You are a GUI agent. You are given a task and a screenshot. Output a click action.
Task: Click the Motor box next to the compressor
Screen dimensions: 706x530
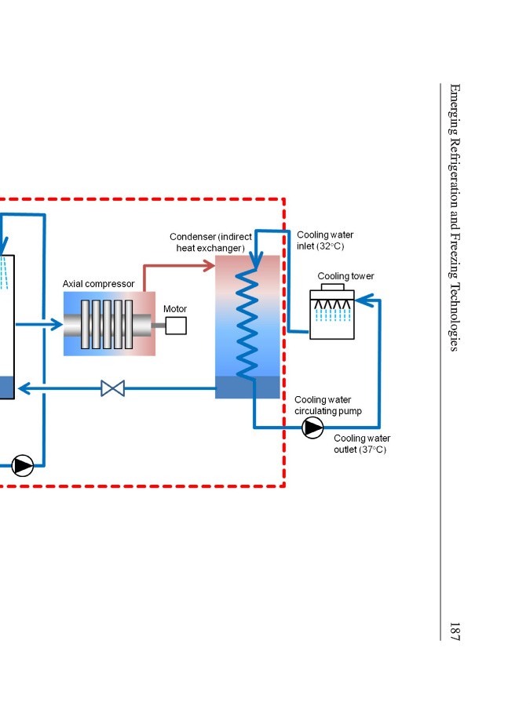click(x=176, y=325)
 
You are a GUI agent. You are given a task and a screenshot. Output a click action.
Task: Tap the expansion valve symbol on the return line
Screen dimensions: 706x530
click(x=113, y=388)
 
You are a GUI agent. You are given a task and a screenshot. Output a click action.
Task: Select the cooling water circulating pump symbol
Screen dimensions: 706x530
click(x=313, y=428)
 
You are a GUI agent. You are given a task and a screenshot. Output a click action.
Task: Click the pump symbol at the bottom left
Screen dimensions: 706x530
click(x=23, y=465)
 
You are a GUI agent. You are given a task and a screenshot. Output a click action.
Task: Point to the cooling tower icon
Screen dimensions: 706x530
click(x=332, y=313)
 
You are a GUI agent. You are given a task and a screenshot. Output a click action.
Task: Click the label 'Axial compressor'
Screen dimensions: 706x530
click(x=98, y=283)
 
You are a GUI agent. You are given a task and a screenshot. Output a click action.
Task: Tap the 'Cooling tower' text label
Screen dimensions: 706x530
click(x=345, y=276)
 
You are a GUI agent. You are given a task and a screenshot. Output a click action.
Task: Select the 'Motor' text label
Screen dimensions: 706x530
click(x=175, y=308)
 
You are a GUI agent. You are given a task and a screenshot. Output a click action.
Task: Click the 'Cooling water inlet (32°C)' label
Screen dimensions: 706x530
click(x=324, y=240)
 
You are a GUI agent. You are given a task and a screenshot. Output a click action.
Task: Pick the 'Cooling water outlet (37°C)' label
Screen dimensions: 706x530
click(x=361, y=444)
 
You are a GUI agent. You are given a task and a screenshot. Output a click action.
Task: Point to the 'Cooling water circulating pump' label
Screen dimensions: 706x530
click(x=327, y=406)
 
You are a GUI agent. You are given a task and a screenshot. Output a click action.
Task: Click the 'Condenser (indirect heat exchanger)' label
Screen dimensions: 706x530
click(x=211, y=242)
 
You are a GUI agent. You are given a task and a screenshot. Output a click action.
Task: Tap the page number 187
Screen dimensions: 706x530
click(x=455, y=631)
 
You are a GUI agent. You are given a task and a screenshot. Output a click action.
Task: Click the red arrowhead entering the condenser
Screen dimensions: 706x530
click(x=210, y=266)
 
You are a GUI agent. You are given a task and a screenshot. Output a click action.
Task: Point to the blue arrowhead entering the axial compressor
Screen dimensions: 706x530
click(x=57, y=324)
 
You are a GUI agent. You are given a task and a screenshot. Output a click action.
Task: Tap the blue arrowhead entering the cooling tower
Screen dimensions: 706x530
click(x=360, y=299)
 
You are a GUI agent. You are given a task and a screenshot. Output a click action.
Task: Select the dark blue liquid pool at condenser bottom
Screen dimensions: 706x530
click(x=247, y=388)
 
